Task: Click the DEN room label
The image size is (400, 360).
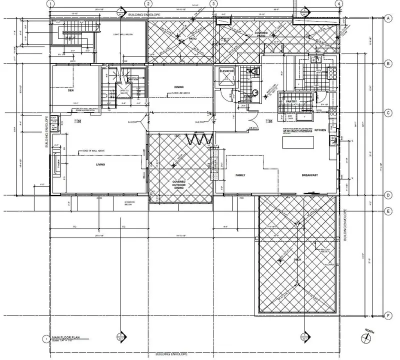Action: pos(70,91)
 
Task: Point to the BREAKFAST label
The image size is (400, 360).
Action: pos(310,175)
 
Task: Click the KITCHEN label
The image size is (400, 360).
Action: pos(320,130)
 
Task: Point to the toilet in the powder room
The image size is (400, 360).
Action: pos(255,72)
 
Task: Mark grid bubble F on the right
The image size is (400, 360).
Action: pos(388,315)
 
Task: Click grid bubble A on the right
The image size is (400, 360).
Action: pos(388,18)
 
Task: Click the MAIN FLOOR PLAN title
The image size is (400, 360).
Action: pos(65,338)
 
